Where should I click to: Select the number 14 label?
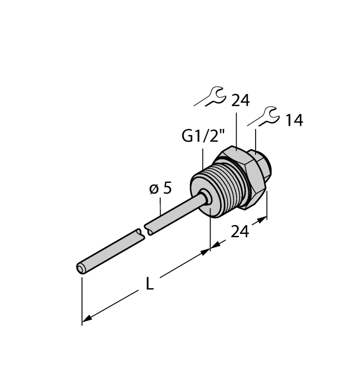293,120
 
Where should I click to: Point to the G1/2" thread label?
200,136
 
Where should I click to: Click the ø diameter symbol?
154,188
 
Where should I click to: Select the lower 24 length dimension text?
240,231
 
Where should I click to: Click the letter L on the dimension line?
150,283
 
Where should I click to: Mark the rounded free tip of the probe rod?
81,269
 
